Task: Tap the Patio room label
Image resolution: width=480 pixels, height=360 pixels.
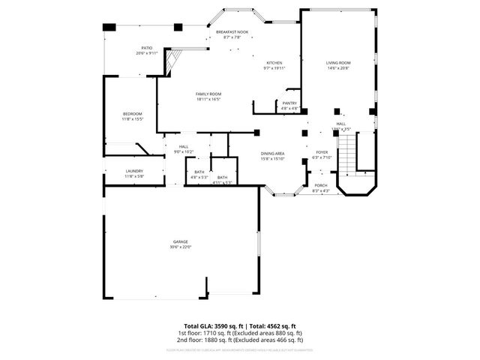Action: [x=146, y=48]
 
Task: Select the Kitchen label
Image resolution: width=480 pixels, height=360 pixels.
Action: [x=274, y=63]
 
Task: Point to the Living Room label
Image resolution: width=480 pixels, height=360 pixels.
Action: [x=338, y=63]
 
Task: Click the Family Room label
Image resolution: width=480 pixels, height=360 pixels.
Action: [x=208, y=94]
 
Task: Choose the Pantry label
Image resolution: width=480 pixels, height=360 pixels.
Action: [x=289, y=103]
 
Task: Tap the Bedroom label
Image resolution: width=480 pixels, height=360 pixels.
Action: [x=132, y=113]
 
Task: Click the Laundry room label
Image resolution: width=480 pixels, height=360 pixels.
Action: [x=134, y=171]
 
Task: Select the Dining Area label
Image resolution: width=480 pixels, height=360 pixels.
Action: [x=272, y=153]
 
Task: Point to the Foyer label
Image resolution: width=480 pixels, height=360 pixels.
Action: [x=321, y=152]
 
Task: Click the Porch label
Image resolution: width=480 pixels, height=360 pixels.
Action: [x=320, y=185]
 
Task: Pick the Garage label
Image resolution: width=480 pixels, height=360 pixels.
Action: [x=180, y=241]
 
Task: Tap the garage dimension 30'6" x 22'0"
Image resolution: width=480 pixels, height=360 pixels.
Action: [x=180, y=247]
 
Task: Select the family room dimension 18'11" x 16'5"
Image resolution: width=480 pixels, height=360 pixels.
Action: [x=208, y=99]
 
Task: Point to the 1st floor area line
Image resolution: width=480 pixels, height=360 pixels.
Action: [x=239, y=332]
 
